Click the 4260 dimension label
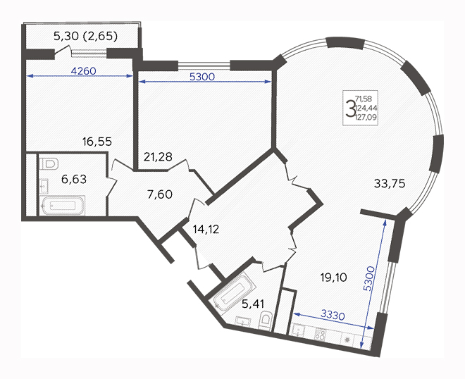pyautogui.click(x=84, y=71)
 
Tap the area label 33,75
pyautogui.click(x=390, y=184)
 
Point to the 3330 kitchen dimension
pyautogui.click(x=333, y=315)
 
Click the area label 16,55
pyautogui.click(x=97, y=142)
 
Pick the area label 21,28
pyautogui.click(x=158, y=156)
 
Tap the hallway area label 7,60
pyautogui.click(x=159, y=194)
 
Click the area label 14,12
pyautogui.click(x=206, y=229)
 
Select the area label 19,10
pyautogui.click(x=334, y=278)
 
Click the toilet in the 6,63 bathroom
pyautogui.click(x=49, y=164)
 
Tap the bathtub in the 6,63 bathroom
pyautogui.click(x=63, y=205)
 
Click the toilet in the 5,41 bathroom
pyautogui.click(x=265, y=321)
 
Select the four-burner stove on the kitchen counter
pyautogui.click(x=320, y=334)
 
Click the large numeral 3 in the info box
pyautogui.click(x=351, y=108)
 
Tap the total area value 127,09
pyautogui.click(x=366, y=117)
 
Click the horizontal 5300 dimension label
pyautogui.click(x=202, y=77)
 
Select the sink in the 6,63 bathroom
pyautogui.click(x=44, y=186)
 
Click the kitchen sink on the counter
pyautogui.click(x=297, y=330)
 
